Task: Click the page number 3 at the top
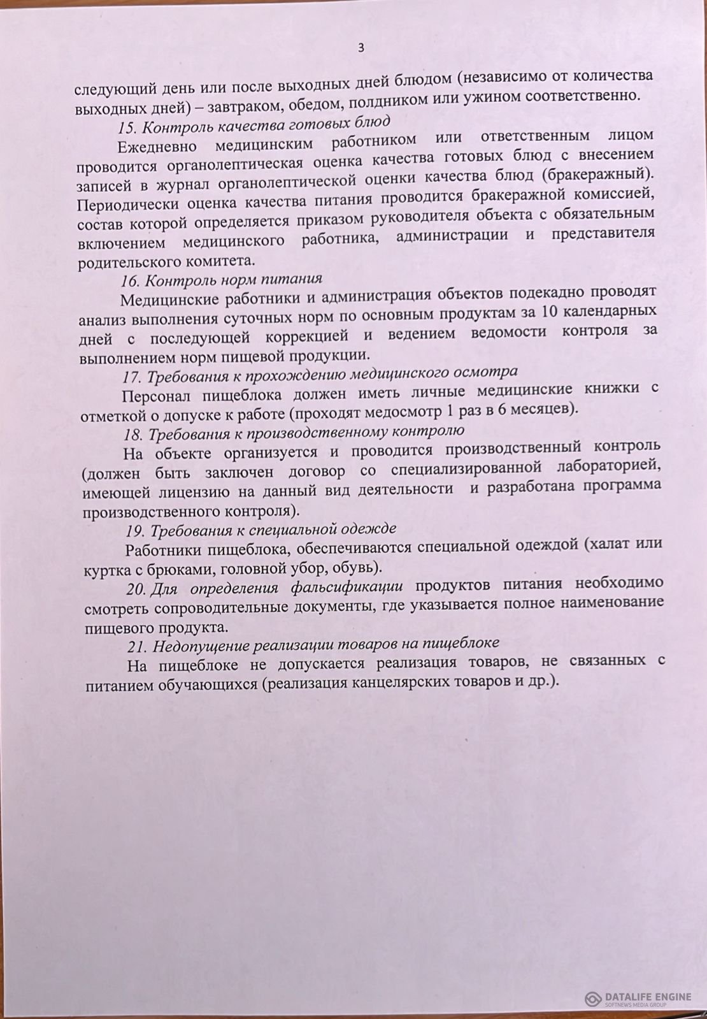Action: pyautogui.click(x=361, y=48)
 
